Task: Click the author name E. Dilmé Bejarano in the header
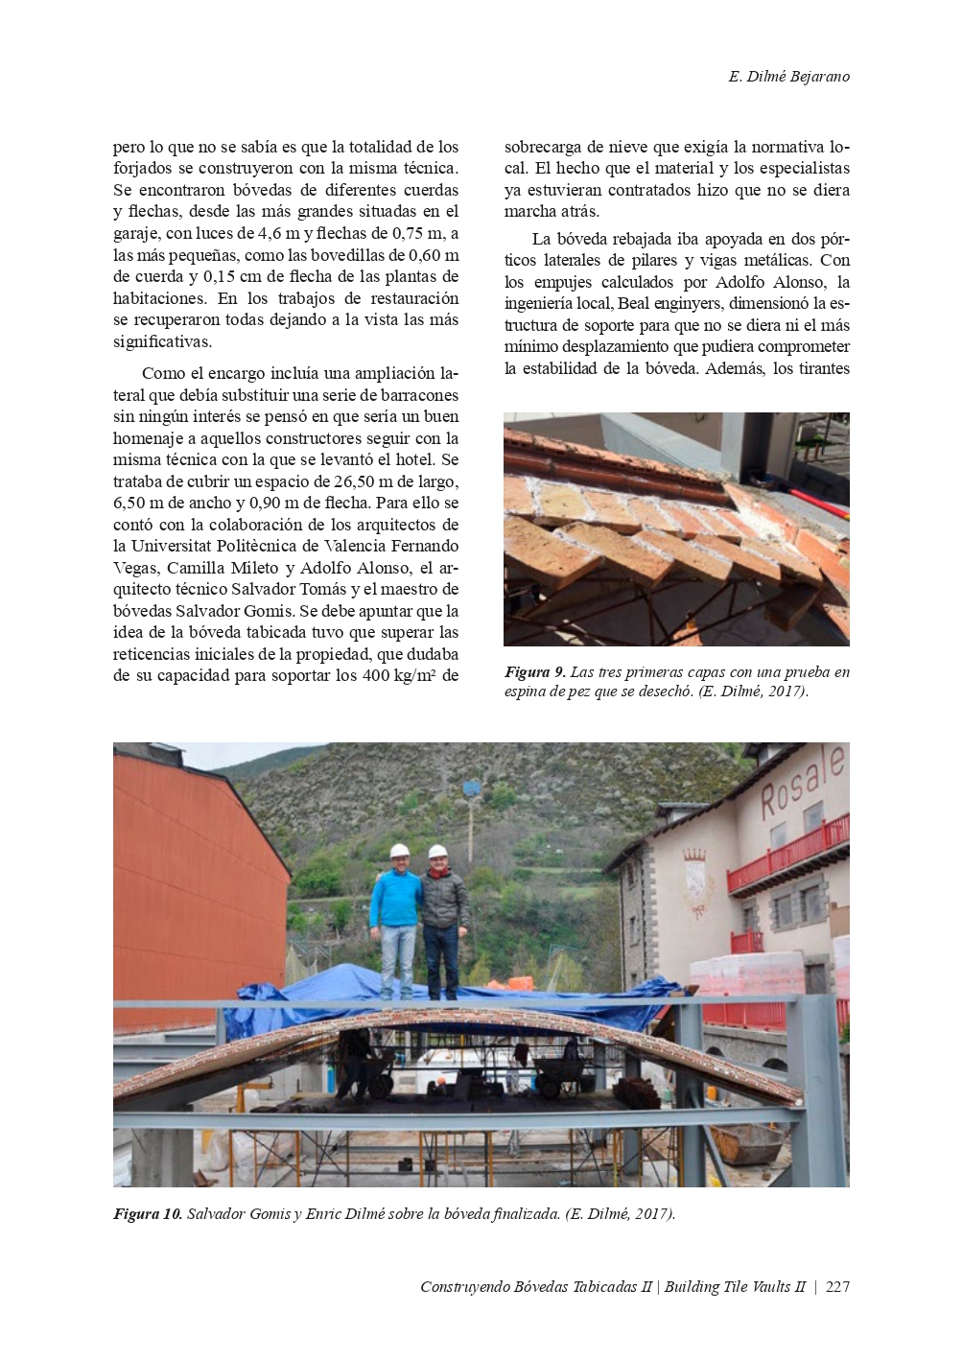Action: tap(788, 77)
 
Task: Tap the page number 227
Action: tap(837, 1287)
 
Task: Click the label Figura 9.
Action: tap(534, 672)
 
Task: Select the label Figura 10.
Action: tap(147, 1214)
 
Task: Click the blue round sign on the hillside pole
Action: tap(470, 790)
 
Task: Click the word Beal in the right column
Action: tap(635, 304)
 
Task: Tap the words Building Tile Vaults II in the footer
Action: tap(735, 1287)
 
